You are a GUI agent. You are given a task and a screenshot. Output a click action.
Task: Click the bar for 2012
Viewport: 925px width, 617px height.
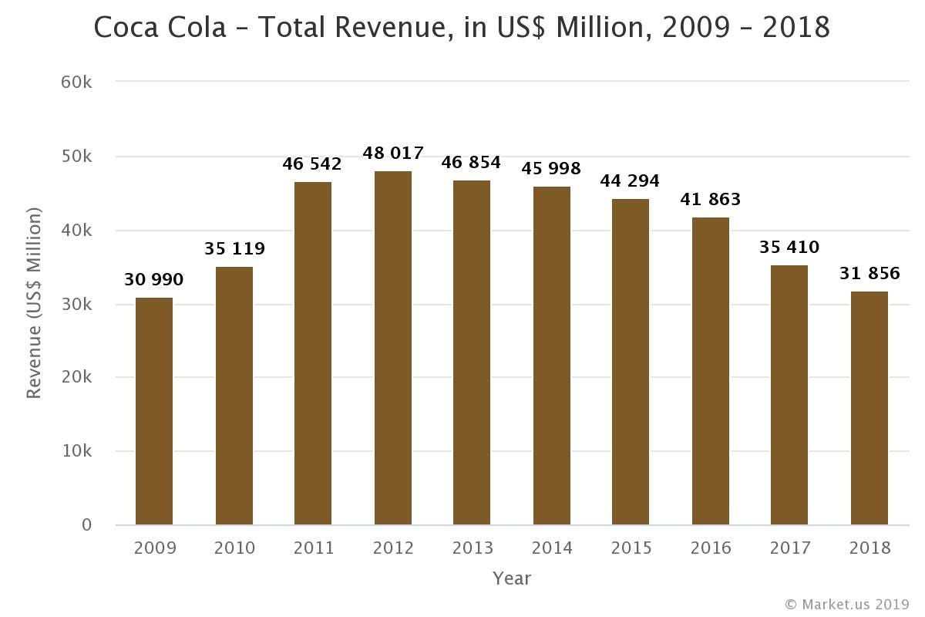point(393,347)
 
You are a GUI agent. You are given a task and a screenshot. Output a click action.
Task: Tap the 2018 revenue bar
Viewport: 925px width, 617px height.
point(869,408)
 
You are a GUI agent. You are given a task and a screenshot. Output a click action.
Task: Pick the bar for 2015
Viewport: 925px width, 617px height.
point(631,362)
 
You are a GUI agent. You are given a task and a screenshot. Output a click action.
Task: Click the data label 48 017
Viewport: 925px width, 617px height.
point(393,153)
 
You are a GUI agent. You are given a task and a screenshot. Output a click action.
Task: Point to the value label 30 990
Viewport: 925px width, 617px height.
point(154,280)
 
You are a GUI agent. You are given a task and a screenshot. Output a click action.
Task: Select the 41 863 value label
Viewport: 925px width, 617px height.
point(710,200)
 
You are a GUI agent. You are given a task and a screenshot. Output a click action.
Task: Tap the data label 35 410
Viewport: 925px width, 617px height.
point(789,248)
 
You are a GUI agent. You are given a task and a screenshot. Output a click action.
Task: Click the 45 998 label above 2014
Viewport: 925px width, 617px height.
point(551,168)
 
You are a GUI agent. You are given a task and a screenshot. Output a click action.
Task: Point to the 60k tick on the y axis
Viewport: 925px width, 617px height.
point(76,82)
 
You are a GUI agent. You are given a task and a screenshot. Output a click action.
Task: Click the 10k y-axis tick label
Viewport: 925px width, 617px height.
point(76,451)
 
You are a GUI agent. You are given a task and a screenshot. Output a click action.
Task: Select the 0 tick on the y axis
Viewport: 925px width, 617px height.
point(86,525)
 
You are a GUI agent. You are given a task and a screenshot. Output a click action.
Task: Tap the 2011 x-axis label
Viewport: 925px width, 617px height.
point(314,548)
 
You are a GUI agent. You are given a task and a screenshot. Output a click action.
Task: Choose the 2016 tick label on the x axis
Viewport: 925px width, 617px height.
point(711,548)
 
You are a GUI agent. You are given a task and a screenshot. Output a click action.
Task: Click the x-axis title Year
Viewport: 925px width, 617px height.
point(512,578)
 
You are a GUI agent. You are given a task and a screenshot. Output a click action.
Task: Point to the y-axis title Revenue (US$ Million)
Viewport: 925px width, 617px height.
point(33,303)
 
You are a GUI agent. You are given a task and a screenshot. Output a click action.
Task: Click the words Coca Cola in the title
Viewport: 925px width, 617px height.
point(160,28)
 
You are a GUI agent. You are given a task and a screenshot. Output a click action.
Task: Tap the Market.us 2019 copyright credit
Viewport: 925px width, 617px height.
point(847,604)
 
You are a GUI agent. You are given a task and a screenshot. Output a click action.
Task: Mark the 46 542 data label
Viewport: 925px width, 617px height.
point(312,164)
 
